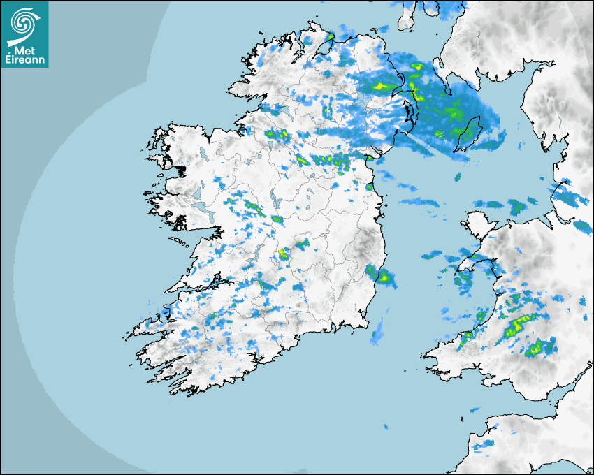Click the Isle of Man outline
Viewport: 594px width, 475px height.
[469, 135]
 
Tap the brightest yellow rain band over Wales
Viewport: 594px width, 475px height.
[518, 324]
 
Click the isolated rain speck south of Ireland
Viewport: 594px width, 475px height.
[385, 425]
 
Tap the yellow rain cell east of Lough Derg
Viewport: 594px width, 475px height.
[283, 254]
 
